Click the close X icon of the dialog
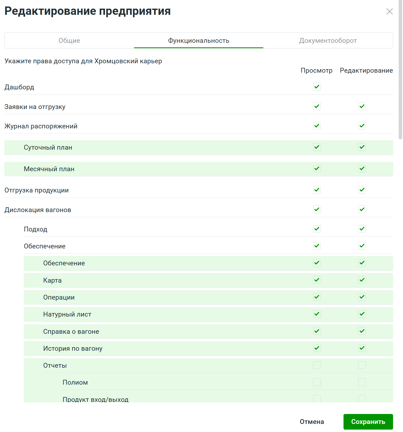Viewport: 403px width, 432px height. [x=389, y=12]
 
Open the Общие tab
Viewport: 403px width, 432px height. [x=69, y=41]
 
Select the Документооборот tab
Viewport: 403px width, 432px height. [x=328, y=41]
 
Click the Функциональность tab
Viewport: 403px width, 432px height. [x=199, y=41]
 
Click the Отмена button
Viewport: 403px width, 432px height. [x=312, y=422]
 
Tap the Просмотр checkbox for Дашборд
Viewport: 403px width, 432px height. [x=317, y=87]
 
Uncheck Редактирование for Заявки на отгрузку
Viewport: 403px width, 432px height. [x=362, y=106]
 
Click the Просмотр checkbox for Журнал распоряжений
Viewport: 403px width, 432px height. [x=317, y=126]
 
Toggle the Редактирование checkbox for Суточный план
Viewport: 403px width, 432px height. [x=362, y=147]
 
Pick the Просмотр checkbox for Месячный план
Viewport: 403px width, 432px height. [x=317, y=169]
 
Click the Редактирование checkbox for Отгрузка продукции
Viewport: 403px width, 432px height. [x=362, y=190]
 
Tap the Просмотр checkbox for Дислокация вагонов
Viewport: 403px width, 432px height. [x=317, y=209]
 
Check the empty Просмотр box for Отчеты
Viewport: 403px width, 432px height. [x=317, y=365]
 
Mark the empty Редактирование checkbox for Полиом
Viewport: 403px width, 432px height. [x=362, y=382]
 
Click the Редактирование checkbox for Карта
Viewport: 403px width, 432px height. [x=362, y=280]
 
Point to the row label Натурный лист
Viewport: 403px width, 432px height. [x=67, y=314]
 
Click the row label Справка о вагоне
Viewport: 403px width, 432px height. [x=71, y=332]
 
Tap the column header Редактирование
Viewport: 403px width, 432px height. [x=366, y=71]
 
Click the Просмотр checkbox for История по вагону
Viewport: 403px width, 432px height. [x=317, y=348]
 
